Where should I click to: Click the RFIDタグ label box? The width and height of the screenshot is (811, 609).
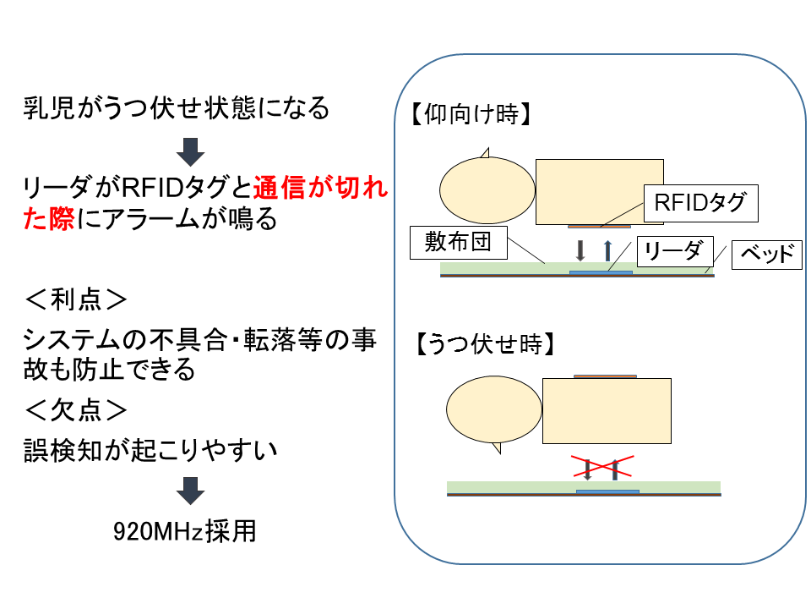click(x=701, y=203)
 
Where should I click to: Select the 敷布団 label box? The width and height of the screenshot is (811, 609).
click(x=458, y=243)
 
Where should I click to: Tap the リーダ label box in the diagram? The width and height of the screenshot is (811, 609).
click(x=675, y=252)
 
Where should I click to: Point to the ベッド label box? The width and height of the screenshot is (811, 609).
click(x=767, y=255)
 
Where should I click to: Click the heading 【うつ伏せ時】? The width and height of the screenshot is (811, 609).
click(x=486, y=344)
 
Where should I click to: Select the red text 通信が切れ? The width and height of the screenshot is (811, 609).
click(x=321, y=188)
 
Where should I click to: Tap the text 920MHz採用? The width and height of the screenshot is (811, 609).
click(x=185, y=531)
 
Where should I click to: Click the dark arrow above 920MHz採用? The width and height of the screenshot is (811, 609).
click(x=190, y=491)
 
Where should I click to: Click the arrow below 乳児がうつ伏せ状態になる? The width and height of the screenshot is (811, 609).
click(x=190, y=152)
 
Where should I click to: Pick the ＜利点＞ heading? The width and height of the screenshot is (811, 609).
click(x=76, y=299)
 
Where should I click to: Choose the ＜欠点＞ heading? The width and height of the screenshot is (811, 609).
click(x=76, y=411)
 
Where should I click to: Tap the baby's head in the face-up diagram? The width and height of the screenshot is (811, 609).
click(x=487, y=190)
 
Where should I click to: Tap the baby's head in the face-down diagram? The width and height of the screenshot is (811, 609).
click(x=494, y=409)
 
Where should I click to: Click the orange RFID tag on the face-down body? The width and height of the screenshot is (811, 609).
click(x=605, y=376)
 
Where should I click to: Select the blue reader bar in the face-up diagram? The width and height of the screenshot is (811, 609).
click(x=601, y=272)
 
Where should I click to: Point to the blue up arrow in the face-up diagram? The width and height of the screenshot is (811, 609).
click(x=607, y=250)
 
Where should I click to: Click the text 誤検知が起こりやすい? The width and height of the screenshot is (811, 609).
click(x=151, y=451)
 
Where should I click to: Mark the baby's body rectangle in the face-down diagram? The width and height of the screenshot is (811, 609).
click(x=607, y=411)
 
